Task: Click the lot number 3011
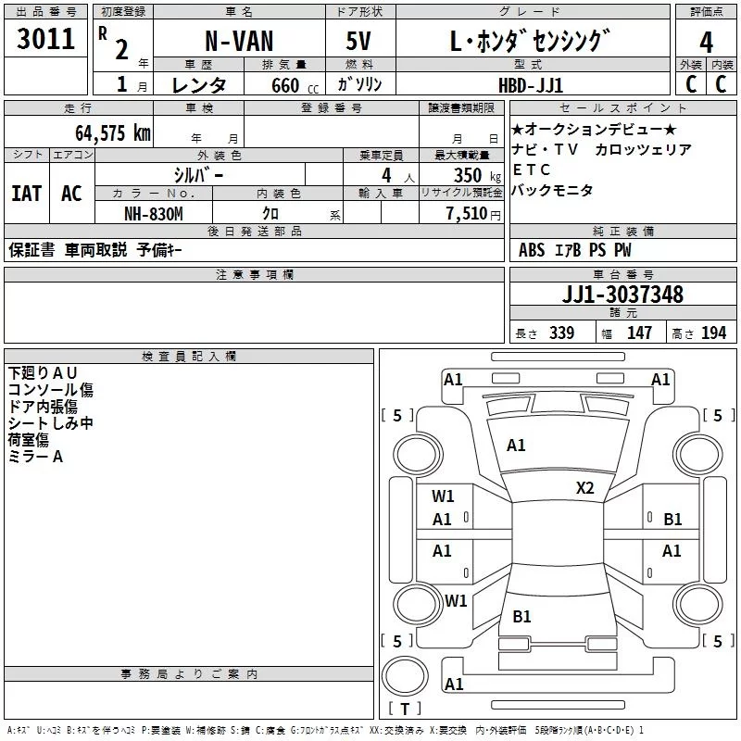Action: [x=45, y=39]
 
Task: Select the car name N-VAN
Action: [x=239, y=41]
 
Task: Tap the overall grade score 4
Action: [x=706, y=43]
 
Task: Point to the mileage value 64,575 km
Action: [x=113, y=133]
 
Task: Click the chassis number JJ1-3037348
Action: [x=622, y=295]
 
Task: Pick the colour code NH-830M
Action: [x=154, y=214]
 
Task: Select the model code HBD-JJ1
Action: [x=531, y=85]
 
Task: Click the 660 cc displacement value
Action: [x=295, y=86]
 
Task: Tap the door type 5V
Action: [x=358, y=41]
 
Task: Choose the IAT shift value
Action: [x=27, y=194]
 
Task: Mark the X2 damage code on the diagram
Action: [x=584, y=488]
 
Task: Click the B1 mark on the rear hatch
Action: [x=521, y=616]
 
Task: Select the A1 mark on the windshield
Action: [x=516, y=446]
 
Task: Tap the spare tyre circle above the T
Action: [x=405, y=676]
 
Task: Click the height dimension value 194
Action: [x=713, y=333]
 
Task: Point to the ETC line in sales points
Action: [x=532, y=170]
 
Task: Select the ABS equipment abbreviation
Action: [x=532, y=250]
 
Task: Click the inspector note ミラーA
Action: [x=35, y=457]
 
